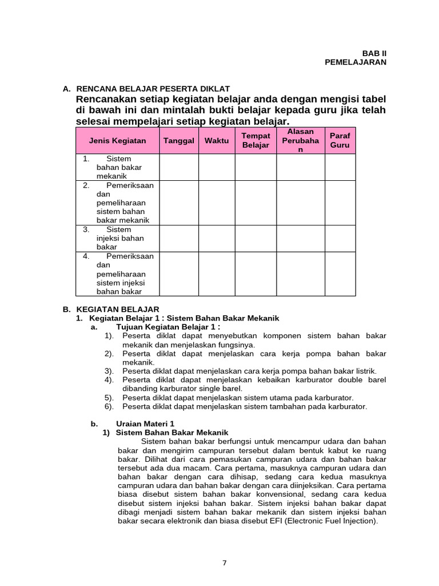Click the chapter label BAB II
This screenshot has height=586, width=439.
pos(374,53)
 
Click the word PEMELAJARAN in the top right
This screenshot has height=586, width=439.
pos(356,62)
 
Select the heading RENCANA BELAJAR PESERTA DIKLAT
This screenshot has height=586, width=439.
pos(153,89)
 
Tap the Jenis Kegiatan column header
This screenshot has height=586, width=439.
pos(117,140)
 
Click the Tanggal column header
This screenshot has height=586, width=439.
pos(179,140)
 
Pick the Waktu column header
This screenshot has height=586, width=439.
pos(217,140)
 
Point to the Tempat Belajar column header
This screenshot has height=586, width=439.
pos(256,140)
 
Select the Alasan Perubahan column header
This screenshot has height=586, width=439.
pos(301,140)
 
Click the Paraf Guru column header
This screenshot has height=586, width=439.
pos(340,140)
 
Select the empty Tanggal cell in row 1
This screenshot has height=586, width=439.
pos(179,167)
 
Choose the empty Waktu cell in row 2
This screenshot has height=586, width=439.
pos(217,203)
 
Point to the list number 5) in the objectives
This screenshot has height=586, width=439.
pos(109,398)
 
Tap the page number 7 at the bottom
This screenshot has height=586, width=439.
pos(225,563)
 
